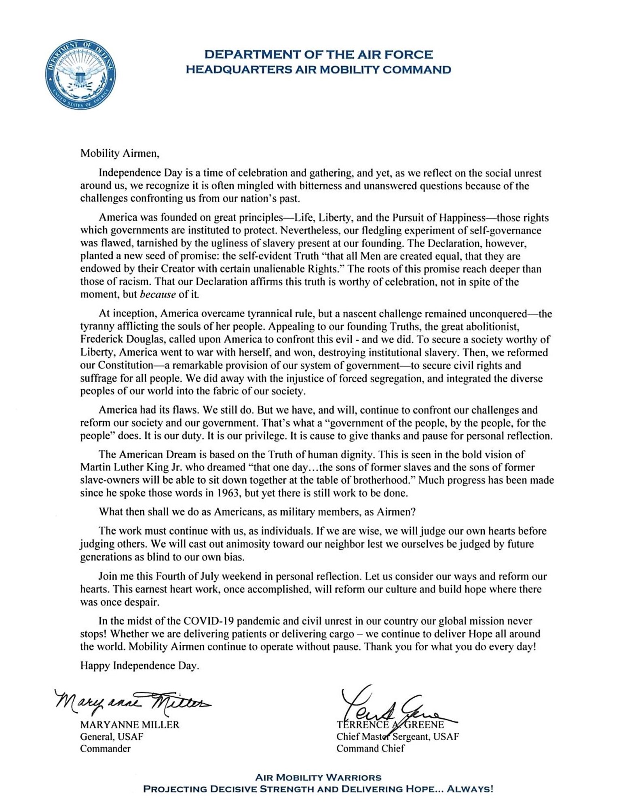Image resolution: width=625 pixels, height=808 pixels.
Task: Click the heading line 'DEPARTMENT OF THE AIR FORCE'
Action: tap(318, 55)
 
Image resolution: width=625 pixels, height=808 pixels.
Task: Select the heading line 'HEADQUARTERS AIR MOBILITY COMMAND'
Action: tap(318, 70)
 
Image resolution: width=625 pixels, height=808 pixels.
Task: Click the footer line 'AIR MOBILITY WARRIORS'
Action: tap(318, 777)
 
